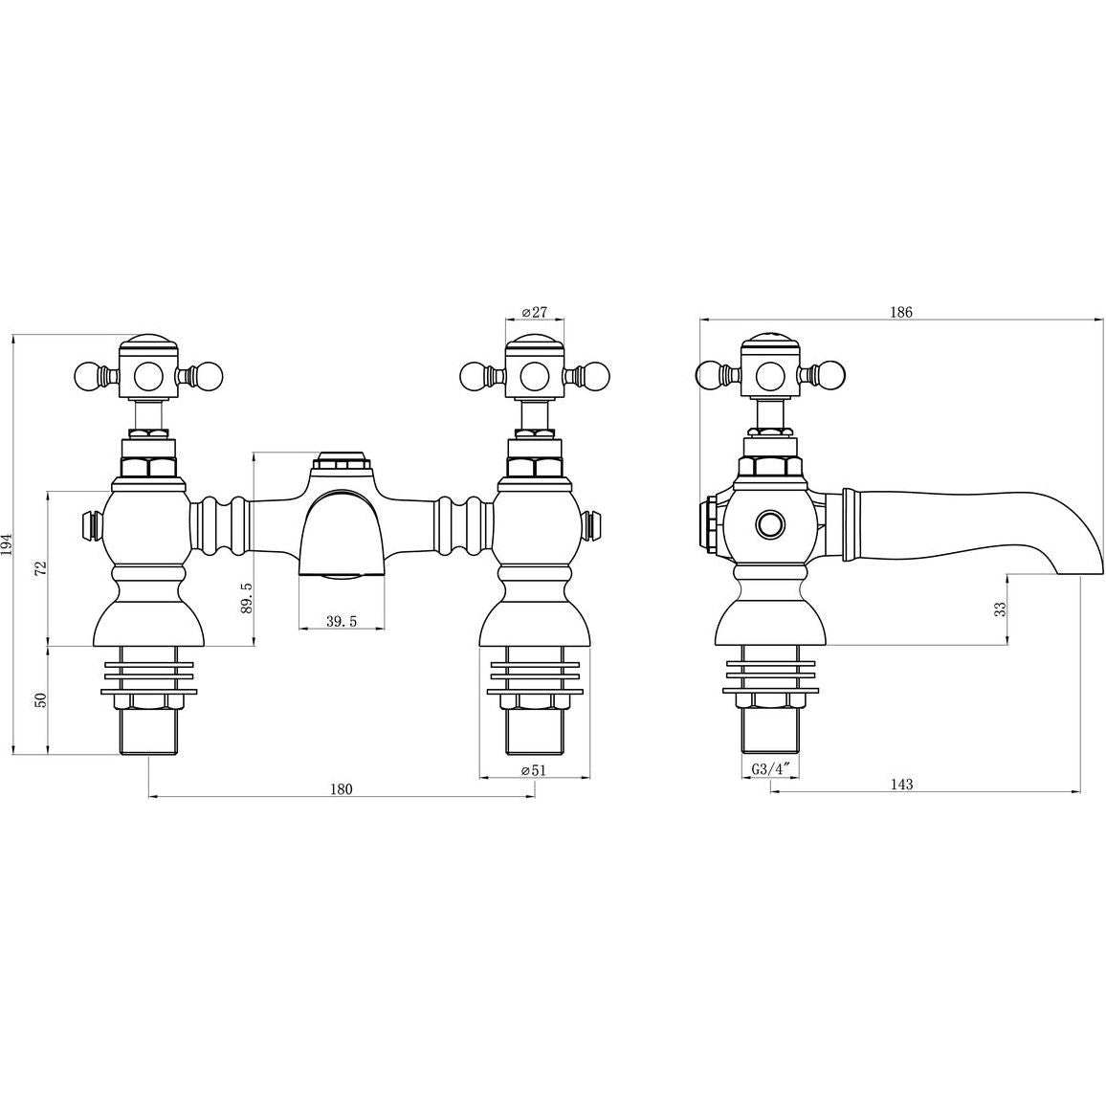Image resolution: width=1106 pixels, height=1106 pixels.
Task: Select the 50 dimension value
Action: pyautogui.click(x=40, y=700)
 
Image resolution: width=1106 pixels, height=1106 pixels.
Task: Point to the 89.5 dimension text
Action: pyautogui.click(x=246, y=578)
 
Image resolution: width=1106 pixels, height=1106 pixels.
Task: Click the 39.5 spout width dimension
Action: pyautogui.click(x=343, y=621)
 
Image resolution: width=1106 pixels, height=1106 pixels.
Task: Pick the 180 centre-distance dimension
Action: pyautogui.click(x=341, y=788)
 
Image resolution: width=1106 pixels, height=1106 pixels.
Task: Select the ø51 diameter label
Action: pyautogui.click(x=534, y=770)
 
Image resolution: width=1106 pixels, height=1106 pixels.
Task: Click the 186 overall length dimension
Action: pyautogui.click(x=900, y=312)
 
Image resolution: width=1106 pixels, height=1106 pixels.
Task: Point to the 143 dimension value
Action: pyautogui.click(x=901, y=784)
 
